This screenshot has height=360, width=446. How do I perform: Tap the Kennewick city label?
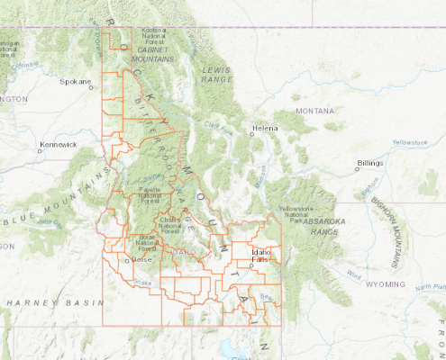point(58,144)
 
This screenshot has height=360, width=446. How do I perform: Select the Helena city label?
point(265,128)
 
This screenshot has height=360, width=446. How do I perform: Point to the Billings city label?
point(370,163)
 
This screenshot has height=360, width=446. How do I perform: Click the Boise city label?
point(142,259)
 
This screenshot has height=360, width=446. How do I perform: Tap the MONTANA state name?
point(315,111)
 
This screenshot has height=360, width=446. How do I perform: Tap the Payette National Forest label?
point(150,193)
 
